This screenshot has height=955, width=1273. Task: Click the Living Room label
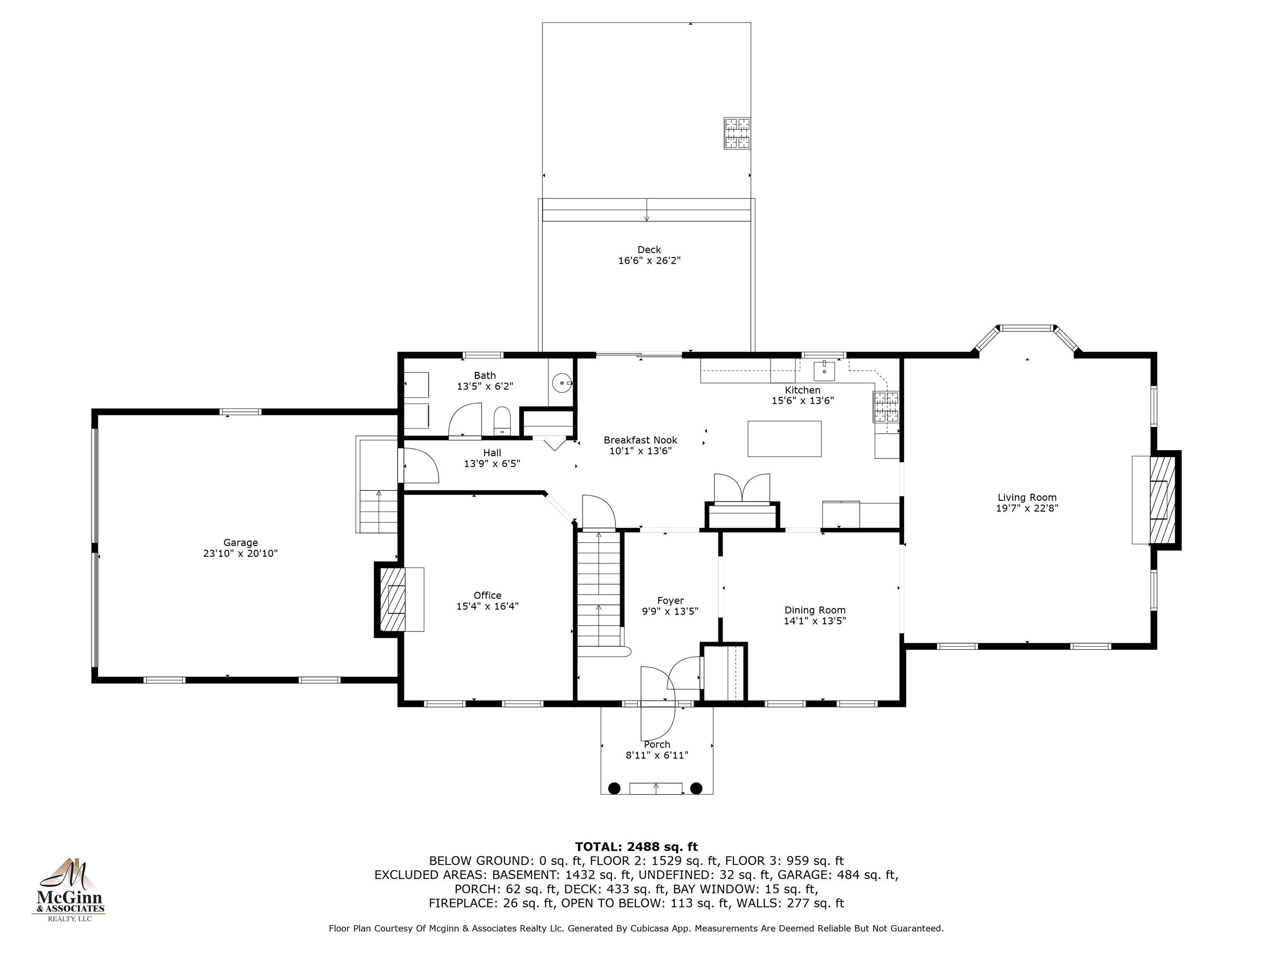pyautogui.click(x=1027, y=497)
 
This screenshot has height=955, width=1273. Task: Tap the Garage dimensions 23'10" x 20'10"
pyautogui.click(x=241, y=553)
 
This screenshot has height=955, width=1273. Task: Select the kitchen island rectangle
pyautogui.click(x=784, y=439)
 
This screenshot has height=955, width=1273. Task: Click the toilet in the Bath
pyautogui.click(x=502, y=420)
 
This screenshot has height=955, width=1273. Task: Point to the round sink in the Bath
pyautogui.click(x=561, y=382)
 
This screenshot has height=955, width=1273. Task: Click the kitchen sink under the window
pyautogui.click(x=824, y=369)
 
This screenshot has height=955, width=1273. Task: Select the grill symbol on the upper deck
pyautogui.click(x=737, y=133)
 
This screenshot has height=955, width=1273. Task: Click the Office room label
pyautogui.click(x=487, y=595)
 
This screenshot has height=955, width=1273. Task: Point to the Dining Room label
pyautogui.click(x=815, y=610)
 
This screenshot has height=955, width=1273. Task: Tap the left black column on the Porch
pyautogui.click(x=615, y=788)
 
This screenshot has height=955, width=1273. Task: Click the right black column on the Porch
pyautogui.click(x=696, y=788)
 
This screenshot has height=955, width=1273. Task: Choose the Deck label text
pyautogui.click(x=649, y=250)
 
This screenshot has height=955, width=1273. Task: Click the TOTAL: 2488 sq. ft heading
pyautogui.click(x=636, y=847)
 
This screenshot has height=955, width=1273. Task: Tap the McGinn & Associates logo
pyautogui.click(x=68, y=890)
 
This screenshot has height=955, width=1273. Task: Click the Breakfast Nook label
pyautogui.click(x=641, y=440)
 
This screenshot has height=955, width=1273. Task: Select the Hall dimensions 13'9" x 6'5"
pyautogui.click(x=492, y=463)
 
